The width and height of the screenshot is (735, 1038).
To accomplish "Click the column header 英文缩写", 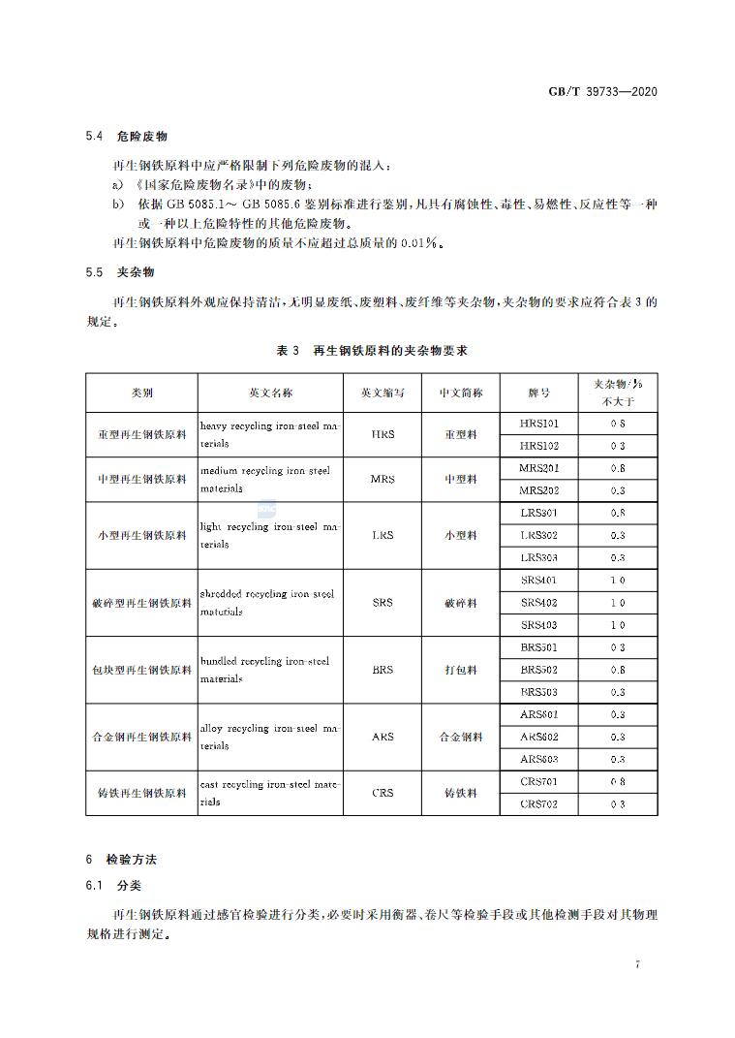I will tap(383, 393).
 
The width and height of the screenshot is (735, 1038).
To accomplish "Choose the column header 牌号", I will tap(539, 393).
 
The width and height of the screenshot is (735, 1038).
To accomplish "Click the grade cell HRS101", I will tap(539, 424).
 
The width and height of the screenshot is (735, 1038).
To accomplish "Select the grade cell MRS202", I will tap(539, 490).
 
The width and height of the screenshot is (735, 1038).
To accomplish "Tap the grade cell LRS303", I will tap(539, 557).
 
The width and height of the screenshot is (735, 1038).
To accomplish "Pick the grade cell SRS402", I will tap(539, 602).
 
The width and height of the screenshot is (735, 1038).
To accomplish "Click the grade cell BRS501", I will tap(539, 647).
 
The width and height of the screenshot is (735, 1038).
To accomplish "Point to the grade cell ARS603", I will tap(539, 759).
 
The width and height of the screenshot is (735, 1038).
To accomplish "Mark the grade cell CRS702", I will tap(539, 803).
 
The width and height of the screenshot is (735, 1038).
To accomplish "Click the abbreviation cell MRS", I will tap(383, 479).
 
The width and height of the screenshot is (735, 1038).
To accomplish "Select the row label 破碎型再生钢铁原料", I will tap(141, 603).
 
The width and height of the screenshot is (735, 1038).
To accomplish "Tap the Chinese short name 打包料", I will tap(461, 670).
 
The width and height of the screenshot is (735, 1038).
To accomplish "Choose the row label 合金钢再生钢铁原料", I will tap(141, 737).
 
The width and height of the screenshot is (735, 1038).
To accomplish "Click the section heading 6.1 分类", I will tap(114, 886).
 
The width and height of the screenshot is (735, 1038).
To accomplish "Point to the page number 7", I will tap(638, 964).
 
